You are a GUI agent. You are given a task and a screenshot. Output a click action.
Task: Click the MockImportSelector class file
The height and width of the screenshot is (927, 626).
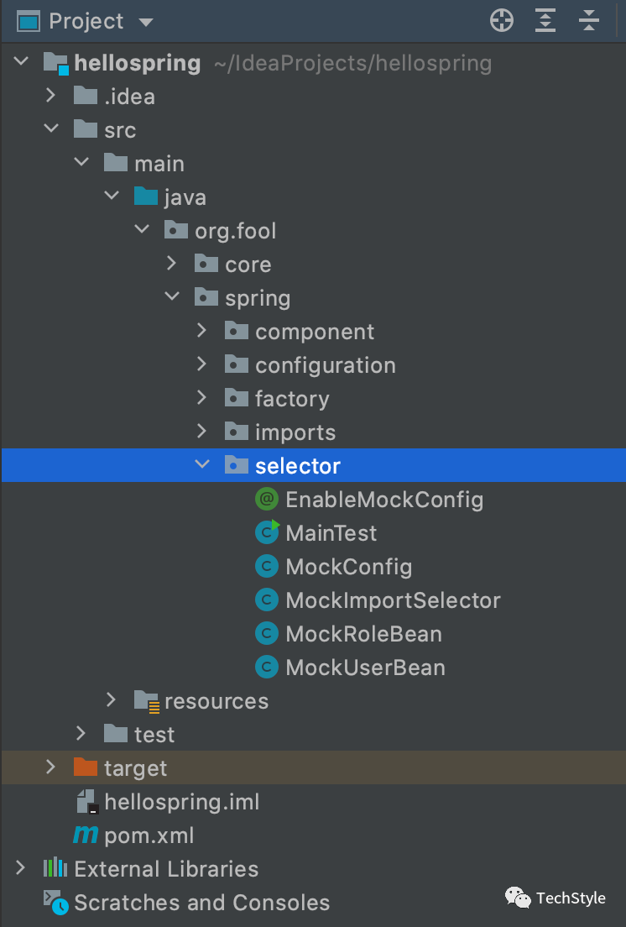(x=393, y=600)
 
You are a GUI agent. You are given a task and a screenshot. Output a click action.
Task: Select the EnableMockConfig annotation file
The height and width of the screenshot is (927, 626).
(x=384, y=500)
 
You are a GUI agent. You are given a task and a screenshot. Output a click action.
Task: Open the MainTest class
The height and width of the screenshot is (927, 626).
(x=331, y=533)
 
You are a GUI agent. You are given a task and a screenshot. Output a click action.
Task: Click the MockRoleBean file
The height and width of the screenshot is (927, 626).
(x=363, y=634)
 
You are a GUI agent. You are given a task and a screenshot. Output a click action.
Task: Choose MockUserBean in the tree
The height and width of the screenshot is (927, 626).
(x=365, y=668)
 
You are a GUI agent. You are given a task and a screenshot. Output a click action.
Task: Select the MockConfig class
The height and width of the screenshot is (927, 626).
(x=348, y=567)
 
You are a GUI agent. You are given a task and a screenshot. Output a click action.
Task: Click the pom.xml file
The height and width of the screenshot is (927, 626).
(x=149, y=835)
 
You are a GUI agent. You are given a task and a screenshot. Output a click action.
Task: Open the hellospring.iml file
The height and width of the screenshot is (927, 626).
(x=181, y=802)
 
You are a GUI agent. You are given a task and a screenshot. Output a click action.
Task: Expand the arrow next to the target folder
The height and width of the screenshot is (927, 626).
(x=50, y=767)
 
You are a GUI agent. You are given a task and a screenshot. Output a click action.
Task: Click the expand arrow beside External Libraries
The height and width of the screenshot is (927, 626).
(x=20, y=868)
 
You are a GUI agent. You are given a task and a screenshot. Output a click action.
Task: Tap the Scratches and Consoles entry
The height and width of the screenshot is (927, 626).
(x=201, y=903)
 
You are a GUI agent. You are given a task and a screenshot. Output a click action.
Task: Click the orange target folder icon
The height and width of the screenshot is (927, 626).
(x=86, y=767)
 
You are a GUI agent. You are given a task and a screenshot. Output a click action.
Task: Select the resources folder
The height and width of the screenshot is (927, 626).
(x=216, y=701)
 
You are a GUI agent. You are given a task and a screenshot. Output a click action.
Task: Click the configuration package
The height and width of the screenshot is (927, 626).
(x=325, y=365)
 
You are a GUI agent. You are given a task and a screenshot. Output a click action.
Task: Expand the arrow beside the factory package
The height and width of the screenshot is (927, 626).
(x=201, y=399)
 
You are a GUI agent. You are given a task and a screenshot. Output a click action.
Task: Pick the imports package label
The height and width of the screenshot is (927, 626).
(x=295, y=432)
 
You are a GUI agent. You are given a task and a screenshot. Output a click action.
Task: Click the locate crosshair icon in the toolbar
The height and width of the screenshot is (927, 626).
(x=502, y=21)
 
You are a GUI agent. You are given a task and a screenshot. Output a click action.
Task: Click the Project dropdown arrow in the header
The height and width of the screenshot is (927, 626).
(x=146, y=22)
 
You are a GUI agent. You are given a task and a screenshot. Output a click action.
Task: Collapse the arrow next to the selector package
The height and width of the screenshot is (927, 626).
(x=201, y=465)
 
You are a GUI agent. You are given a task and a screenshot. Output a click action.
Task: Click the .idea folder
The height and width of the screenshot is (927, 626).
(x=128, y=97)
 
